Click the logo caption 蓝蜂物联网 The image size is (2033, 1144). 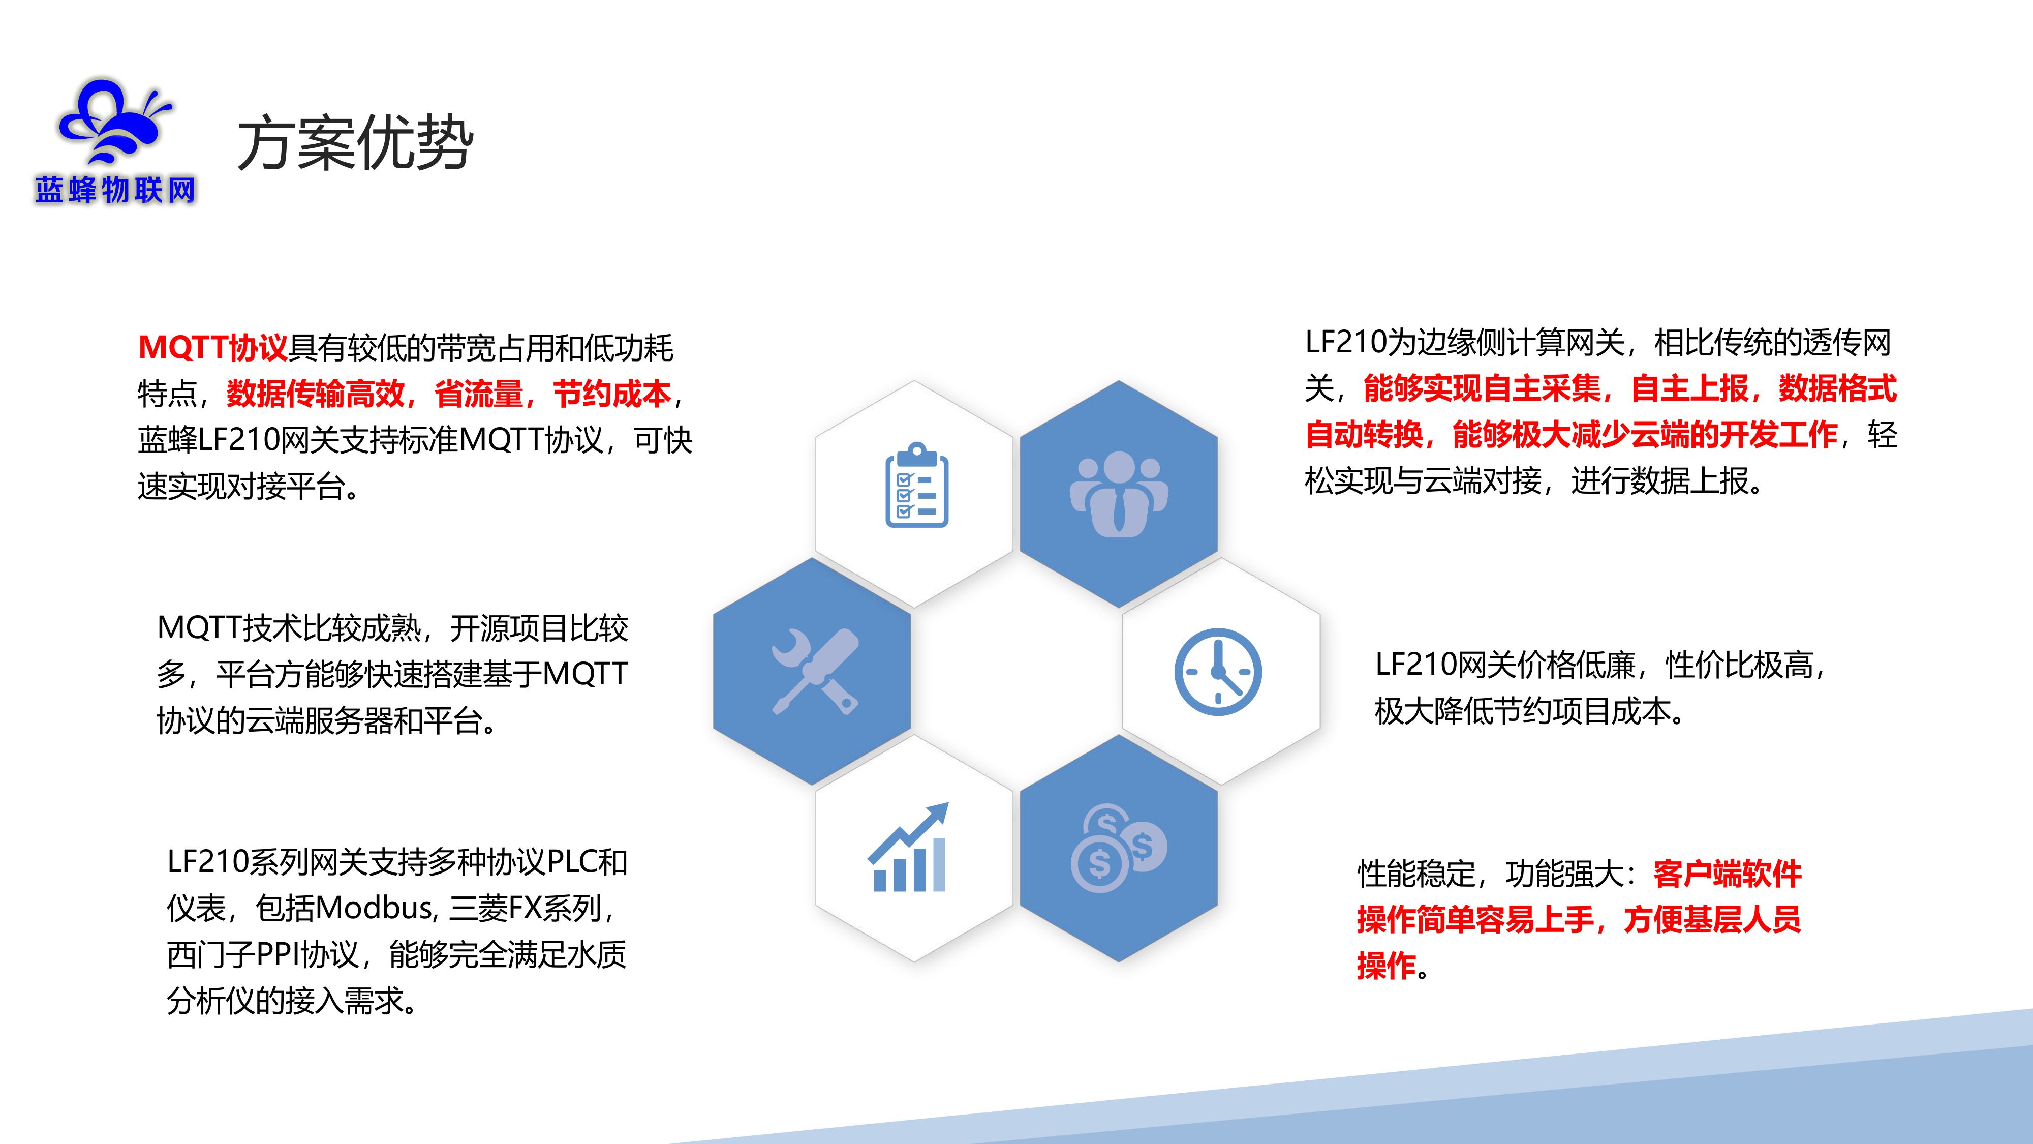coord(115,190)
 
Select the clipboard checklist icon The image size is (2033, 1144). coord(916,485)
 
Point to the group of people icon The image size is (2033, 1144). coord(1118,493)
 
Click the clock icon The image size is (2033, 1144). coord(1218,672)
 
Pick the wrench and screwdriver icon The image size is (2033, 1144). coord(814,671)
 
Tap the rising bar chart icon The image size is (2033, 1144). coord(908,847)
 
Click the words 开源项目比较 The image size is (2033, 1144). coord(539,628)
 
